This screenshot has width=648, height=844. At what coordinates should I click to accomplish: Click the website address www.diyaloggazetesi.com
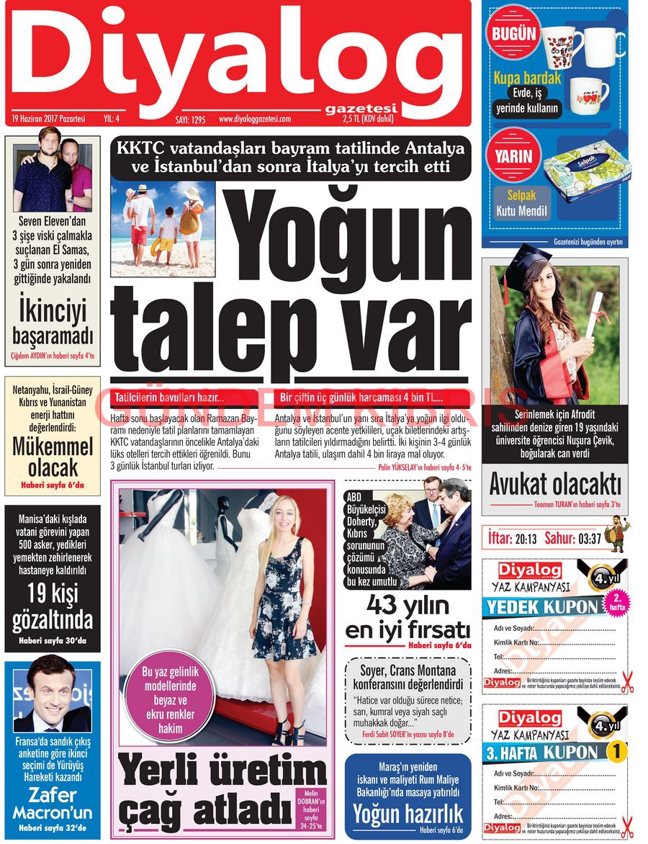(x=254, y=120)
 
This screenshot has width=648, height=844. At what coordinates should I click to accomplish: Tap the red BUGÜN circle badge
(x=514, y=33)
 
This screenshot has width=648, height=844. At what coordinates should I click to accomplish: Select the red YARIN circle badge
(x=513, y=156)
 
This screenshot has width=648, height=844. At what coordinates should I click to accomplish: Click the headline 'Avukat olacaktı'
(x=554, y=485)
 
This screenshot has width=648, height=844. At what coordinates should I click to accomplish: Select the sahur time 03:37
(x=584, y=538)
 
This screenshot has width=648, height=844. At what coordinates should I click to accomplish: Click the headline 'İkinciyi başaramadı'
(x=53, y=323)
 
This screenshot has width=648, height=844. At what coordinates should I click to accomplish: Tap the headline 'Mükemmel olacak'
(x=53, y=457)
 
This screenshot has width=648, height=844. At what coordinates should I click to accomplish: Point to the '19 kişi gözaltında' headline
(x=53, y=606)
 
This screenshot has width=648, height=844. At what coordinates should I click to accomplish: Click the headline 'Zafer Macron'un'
(x=53, y=804)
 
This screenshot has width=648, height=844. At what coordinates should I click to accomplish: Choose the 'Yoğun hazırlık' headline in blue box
(x=408, y=813)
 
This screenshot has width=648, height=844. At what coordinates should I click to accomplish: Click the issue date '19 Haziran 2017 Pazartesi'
(x=49, y=119)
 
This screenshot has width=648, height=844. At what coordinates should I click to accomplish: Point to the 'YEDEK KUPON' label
(x=542, y=606)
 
